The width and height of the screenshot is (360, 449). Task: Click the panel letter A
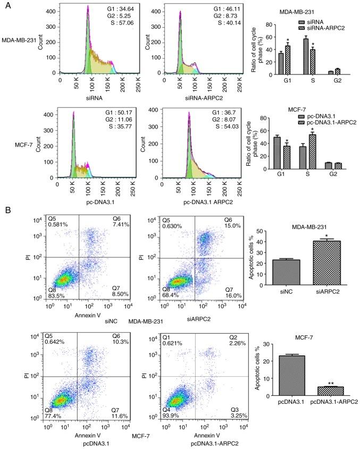pos(5,5)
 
